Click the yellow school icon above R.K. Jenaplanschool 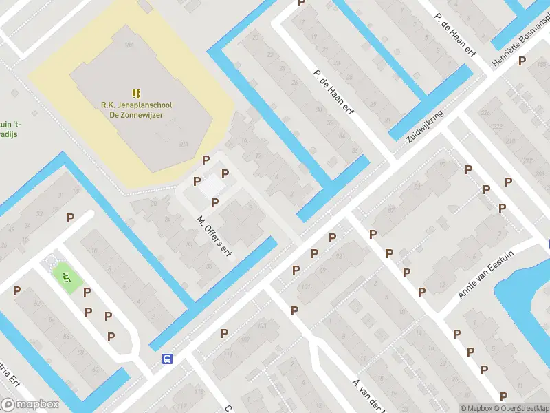pyautogui.click(x=136, y=93)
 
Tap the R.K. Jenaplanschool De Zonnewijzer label pyautogui.click(x=136, y=110)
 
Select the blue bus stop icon pyautogui.click(x=167, y=359)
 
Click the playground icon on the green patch pyautogui.click(x=67, y=277)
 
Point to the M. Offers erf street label pyautogui.click(x=214, y=236)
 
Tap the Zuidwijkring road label pyautogui.click(x=425, y=126)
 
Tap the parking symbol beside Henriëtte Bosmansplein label pyautogui.click(x=522, y=61)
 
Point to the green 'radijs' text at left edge pyautogui.click(x=8, y=133)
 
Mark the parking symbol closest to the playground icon pyautogui.click(x=87, y=292)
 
